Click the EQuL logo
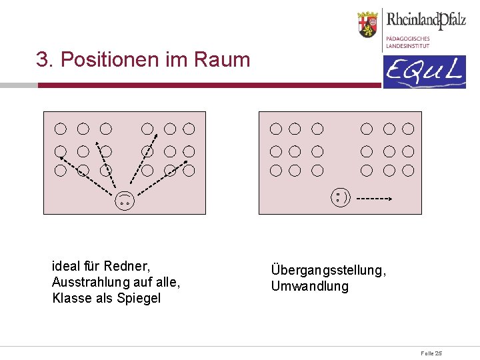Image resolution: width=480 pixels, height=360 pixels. [x=424, y=72]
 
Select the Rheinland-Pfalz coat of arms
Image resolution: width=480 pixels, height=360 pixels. [x=368, y=25]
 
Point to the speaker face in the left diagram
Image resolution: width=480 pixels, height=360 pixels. [x=125, y=199]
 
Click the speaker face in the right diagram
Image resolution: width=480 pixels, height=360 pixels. [x=341, y=197]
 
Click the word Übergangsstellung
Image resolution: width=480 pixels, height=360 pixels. [x=328, y=271]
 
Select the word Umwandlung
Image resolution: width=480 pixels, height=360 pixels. [x=309, y=286]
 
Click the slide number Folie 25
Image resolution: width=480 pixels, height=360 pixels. [x=431, y=353]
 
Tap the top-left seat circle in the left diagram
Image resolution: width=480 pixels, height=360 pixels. [x=61, y=128]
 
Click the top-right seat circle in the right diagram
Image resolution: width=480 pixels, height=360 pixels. [x=407, y=128]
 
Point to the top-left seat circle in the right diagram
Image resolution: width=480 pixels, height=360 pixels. [x=276, y=128]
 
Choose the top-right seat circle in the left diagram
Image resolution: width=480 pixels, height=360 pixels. [x=189, y=128]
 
